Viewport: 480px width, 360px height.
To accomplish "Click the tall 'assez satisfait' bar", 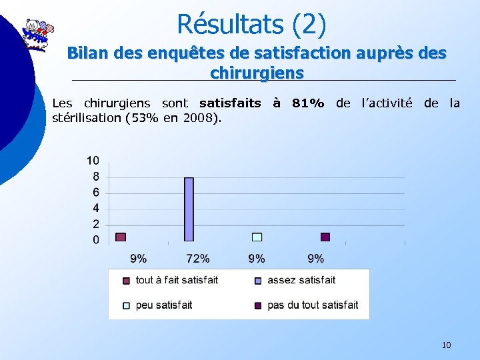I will [189, 209].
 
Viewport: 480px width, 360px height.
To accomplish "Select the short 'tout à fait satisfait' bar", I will [121, 237].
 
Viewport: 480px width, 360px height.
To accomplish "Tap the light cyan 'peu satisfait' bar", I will [257, 237].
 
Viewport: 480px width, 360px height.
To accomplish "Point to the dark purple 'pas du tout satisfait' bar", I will [325, 237].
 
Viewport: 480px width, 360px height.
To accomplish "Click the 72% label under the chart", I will [197, 258].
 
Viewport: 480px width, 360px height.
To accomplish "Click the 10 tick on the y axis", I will [93, 160].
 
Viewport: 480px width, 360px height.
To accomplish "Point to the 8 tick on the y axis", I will [96, 177].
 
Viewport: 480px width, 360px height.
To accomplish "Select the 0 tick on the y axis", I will [96, 239].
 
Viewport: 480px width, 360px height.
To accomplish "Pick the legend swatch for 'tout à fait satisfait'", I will [126, 281].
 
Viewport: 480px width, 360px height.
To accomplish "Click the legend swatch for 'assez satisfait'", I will [258, 281].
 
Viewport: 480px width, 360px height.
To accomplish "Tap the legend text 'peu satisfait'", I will [164, 305].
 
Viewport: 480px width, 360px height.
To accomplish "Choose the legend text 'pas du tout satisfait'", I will [313, 305].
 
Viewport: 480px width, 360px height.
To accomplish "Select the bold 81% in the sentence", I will [308, 103].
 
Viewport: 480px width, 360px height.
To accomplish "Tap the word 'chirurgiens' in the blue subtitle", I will [257, 71].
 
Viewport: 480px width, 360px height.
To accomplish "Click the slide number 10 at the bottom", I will [446, 345].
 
